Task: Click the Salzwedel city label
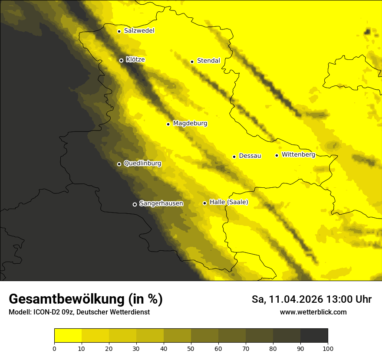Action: (x=139, y=31)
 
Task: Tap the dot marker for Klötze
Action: (x=121, y=60)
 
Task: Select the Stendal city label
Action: (x=208, y=61)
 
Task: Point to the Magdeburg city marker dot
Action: (x=168, y=124)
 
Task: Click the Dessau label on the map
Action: (x=250, y=156)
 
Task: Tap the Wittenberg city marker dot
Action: (x=277, y=155)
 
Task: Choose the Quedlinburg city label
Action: (x=142, y=164)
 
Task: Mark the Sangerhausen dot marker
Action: (x=135, y=204)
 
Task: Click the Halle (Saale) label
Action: (x=229, y=202)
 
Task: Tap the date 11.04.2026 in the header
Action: (x=296, y=299)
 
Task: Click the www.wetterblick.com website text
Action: (x=313, y=312)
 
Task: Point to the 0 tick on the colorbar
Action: (x=54, y=348)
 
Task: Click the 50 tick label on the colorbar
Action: (x=191, y=348)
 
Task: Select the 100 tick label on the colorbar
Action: (x=328, y=348)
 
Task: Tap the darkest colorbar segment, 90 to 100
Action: (x=314, y=336)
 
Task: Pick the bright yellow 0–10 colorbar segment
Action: (x=68, y=336)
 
